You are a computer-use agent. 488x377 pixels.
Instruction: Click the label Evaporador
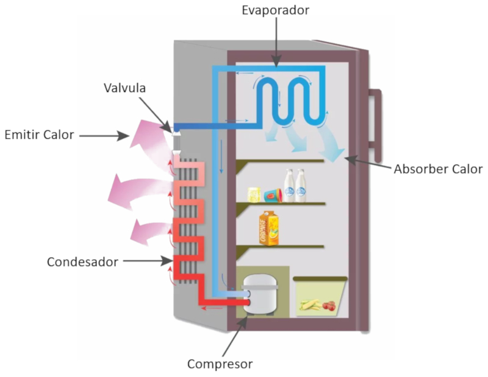point(276,10)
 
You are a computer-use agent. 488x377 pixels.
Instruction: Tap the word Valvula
point(124,88)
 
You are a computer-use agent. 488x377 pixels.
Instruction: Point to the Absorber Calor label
point(439,169)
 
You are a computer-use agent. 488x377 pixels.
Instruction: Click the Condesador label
point(82,262)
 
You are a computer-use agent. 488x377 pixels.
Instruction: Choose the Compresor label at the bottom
point(220,364)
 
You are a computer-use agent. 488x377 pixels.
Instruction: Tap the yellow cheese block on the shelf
point(254,194)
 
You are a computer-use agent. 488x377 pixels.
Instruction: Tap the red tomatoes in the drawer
point(330,306)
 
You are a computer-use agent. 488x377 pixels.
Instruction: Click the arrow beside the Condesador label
point(146,261)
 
